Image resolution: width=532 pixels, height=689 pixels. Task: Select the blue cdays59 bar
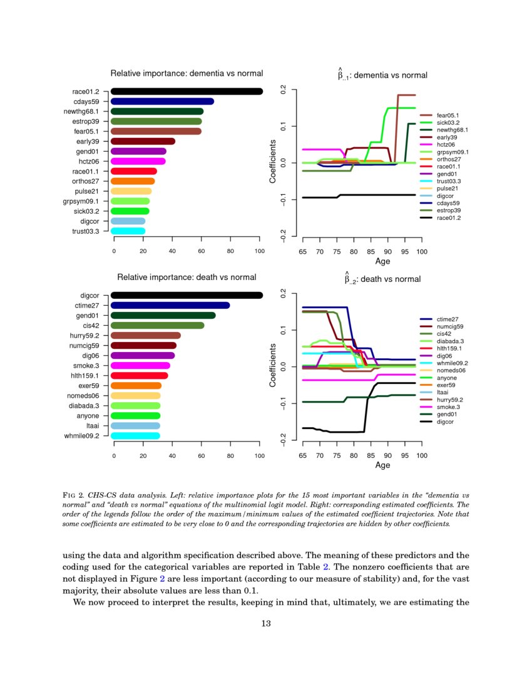(x=162, y=101)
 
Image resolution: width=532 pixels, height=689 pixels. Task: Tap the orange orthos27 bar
(x=133, y=181)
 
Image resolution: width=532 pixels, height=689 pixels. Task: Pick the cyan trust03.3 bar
(x=128, y=231)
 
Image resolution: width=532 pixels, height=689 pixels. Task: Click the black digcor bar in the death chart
(x=187, y=295)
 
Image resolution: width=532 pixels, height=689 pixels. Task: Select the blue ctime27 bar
(x=170, y=305)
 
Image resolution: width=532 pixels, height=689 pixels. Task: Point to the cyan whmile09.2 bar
(x=135, y=435)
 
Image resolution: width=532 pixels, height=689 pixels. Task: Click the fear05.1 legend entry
(x=448, y=115)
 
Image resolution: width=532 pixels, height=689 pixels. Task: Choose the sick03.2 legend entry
(x=448, y=123)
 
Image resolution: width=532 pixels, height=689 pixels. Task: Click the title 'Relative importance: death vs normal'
(x=187, y=277)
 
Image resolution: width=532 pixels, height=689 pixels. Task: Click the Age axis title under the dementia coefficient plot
(x=382, y=261)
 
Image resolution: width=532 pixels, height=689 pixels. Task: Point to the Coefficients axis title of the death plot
(x=273, y=365)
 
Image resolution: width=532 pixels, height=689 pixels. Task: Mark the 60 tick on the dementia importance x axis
(x=201, y=251)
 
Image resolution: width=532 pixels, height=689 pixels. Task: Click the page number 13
(x=265, y=623)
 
